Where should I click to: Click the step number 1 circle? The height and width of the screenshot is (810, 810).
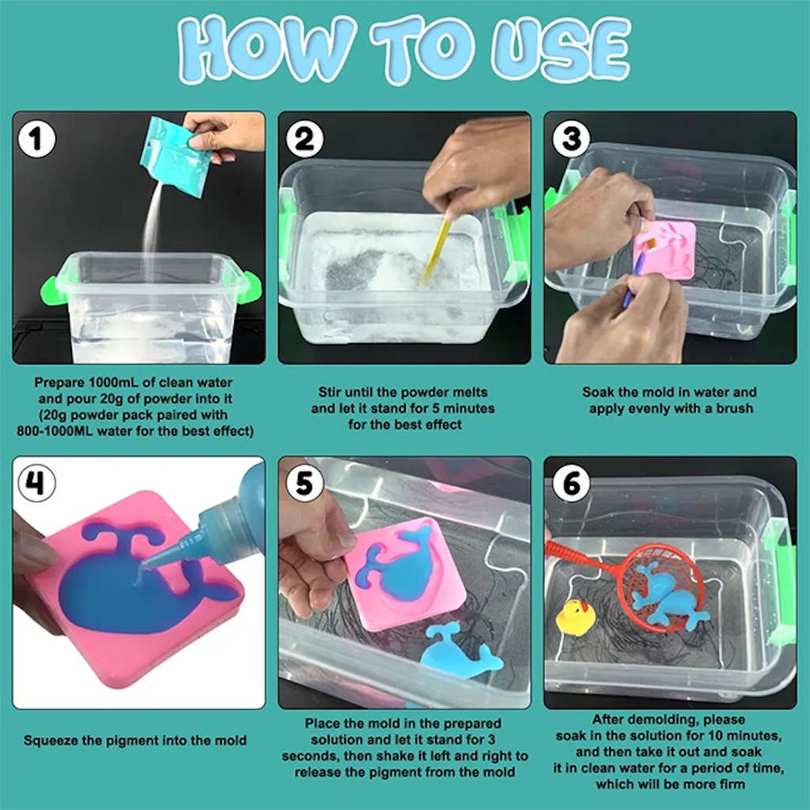click(36, 139)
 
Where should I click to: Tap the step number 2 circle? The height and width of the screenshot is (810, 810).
click(305, 139)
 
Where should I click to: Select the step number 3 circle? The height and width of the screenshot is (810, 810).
click(571, 138)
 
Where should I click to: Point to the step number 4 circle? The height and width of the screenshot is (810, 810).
click(36, 483)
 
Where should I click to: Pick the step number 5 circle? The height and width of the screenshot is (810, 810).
click(305, 483)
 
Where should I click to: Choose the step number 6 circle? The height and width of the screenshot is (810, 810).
click(571, 483)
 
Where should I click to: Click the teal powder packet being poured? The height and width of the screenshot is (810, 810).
click(176, 157)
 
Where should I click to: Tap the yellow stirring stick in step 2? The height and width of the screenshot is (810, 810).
click(436, 251)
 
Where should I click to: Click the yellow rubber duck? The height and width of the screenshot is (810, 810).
click(575, 617)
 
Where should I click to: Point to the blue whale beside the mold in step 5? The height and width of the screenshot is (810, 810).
click(460, 653)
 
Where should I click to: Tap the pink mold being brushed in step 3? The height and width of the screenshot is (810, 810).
click(666, 251)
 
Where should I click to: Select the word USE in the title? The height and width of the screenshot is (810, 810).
click(561, 50)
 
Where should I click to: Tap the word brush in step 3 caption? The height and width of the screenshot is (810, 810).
click(734, 409)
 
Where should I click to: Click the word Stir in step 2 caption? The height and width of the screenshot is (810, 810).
click(330, 392)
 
